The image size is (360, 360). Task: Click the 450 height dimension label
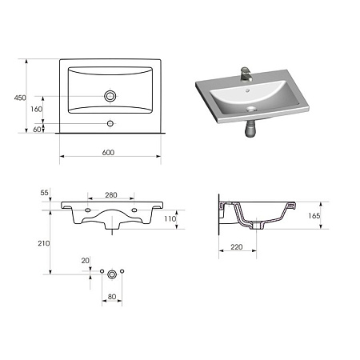pos(20,98)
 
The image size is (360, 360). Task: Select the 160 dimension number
pos(36,109)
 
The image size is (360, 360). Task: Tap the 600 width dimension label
pos(108,153)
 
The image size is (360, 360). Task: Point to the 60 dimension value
pos(37,130)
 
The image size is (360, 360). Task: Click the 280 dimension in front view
pos(111,195)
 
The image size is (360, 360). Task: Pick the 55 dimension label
pos(45,193)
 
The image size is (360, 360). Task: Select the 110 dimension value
pos(170,219)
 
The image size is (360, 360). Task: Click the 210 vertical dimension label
pos(44,243)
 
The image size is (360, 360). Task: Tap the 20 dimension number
pos(86,261)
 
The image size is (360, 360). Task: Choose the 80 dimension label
pos(112,297)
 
